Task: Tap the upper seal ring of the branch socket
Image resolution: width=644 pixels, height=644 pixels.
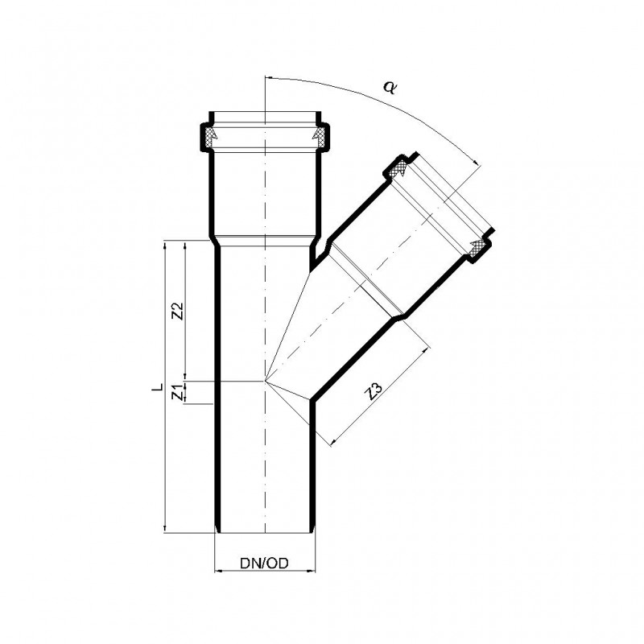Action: pos(397,169)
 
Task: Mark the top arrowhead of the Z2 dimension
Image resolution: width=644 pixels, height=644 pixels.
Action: pos(185,244)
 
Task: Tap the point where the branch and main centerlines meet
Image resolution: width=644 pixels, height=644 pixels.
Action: pos(264,380)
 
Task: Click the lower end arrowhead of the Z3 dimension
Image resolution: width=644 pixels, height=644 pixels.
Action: pos(331,443)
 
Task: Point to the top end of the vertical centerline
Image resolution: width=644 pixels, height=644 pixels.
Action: pos(264,74)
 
